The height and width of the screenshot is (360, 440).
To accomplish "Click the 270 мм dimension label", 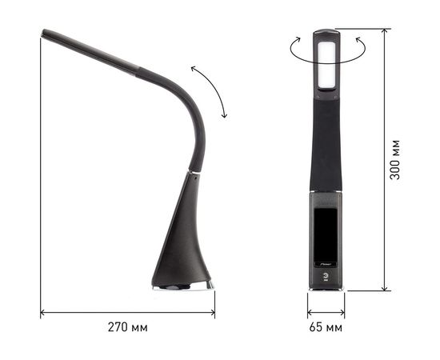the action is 128,327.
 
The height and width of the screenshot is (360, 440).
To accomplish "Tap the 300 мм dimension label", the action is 395,159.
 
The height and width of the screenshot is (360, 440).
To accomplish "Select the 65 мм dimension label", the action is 326,327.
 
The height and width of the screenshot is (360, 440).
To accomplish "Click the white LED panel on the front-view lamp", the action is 326,64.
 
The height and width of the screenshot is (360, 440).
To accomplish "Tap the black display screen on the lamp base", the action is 326,234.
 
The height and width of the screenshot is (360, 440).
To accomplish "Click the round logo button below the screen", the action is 326,276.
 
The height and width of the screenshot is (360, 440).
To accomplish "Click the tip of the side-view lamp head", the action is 43,32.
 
